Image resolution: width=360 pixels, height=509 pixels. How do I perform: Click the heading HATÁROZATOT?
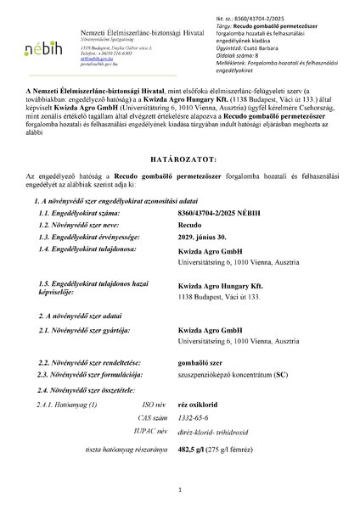tap(179, 182)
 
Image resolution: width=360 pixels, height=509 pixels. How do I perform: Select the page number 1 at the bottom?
tap(180, 489)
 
